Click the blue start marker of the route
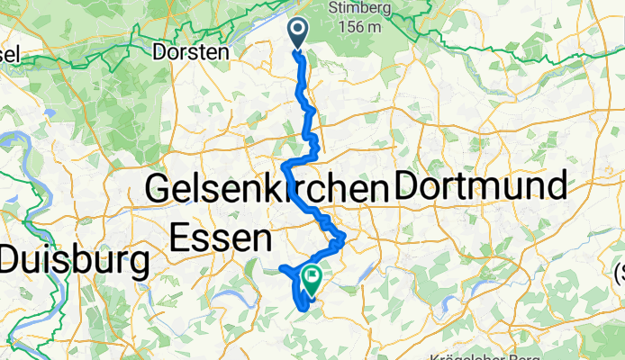click(299, 31)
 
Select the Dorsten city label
click(191, 52)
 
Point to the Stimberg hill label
click(363, 9)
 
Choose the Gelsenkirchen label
click(265, 190)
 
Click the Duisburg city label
click(75, 262)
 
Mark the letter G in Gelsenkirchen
click(159, 190)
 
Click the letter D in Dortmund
click(407, 187)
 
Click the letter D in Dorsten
click(160, 52)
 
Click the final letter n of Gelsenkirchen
click(374, 190)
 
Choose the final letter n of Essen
click(259, 239)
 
